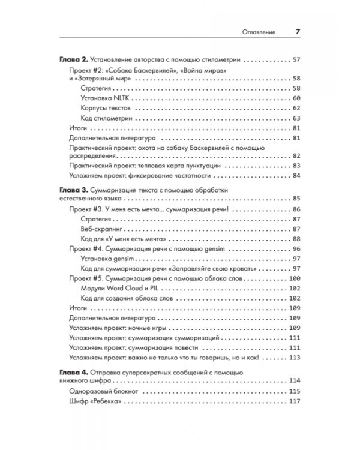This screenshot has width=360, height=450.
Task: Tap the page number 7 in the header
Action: coord(298,32)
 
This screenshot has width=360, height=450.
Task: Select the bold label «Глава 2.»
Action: coord(75,61)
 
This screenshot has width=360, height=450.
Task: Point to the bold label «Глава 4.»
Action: coord(75,371)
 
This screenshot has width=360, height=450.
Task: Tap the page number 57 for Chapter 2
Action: coord(295,61)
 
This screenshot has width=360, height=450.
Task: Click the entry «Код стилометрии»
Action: coord(106,118)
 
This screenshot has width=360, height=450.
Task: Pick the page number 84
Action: coord(295,175)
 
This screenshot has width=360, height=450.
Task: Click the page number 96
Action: coord(295,249)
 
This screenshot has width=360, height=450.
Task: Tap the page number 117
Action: coord(293,401)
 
